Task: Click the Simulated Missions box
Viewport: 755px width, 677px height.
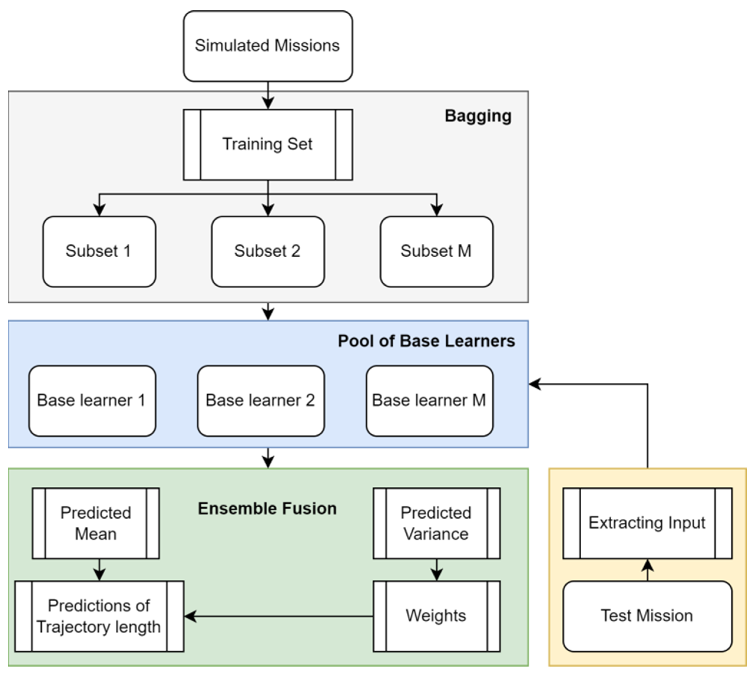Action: (x=268, y=46)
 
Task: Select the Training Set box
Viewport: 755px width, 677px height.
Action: (x=268, y=144)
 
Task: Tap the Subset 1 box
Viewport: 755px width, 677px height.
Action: (x=99, y=251)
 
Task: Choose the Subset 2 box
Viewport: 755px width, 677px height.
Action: (x=268, y=251)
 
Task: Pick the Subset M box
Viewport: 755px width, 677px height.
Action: (x=436, y=251)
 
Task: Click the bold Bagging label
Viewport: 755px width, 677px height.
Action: (x=478, y=116)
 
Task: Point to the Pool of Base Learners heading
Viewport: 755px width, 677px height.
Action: (x=426, y=341)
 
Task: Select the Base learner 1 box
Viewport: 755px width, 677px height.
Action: (x=92, y=400)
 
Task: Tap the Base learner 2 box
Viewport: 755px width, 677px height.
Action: (x=261, y=400)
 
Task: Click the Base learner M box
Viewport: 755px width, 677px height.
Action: (x=429, y=400)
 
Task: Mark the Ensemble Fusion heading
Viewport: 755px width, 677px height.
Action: (x=267, y=509)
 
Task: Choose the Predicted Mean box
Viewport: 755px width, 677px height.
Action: (x=96, y=523)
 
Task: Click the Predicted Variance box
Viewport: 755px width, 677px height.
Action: (x=436, y=523)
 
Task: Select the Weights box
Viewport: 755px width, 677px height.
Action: (x=436, y=616)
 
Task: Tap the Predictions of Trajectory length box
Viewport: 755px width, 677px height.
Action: (x=99, y=616)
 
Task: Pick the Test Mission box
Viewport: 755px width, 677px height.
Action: (x=647, y=616)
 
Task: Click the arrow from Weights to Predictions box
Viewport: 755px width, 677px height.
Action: (x=279, y=616)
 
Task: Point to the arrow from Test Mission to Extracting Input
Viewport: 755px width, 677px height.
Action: (x=648, y=570)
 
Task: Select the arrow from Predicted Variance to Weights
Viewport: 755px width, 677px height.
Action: (x=437, y=570)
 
